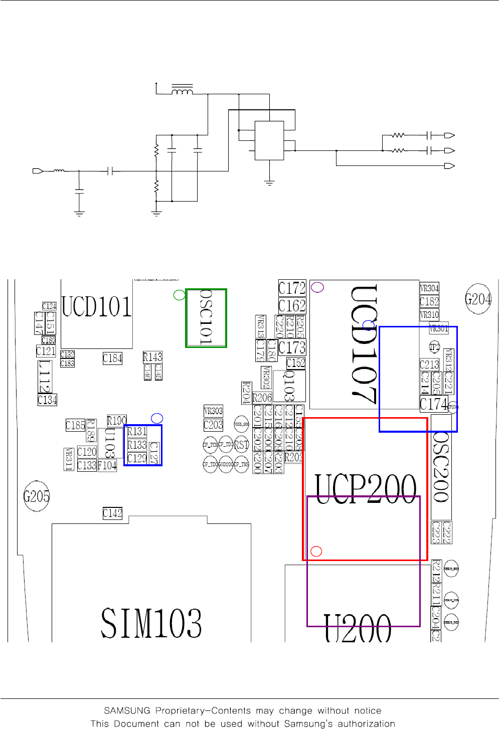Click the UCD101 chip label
point(96,306)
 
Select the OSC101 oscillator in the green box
point(206,318)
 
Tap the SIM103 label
point(151,623)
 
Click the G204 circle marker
point(478,299)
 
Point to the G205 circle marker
point(37,496)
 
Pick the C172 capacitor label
point(292,288)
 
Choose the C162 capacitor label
point(292,306)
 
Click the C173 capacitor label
point(292,347)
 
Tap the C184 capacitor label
point(112,358)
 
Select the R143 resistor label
point(152,357)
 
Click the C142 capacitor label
point(112,513)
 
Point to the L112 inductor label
point(45,376)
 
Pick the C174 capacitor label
point(433,404)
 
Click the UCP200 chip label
point(366,488)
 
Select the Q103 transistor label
point(289,386)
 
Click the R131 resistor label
point(137,431)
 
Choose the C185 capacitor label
point(75,425)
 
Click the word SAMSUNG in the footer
point(127,710)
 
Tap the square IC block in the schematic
point(269,140)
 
